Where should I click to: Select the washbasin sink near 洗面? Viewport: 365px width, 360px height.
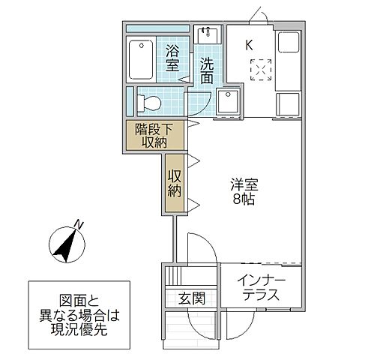click(x=206, y=35)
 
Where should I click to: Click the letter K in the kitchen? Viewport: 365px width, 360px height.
click(x=249, y=44)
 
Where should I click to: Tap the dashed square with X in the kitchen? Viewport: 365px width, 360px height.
click(x=262, y=70)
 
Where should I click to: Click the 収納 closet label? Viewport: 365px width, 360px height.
click(x=175, y=184)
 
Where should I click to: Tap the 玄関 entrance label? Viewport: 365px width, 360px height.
click(x=191, y=298)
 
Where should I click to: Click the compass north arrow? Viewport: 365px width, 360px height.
click(x=65, y=244)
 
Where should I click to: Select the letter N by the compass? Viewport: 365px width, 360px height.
click(x=79, y=223)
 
